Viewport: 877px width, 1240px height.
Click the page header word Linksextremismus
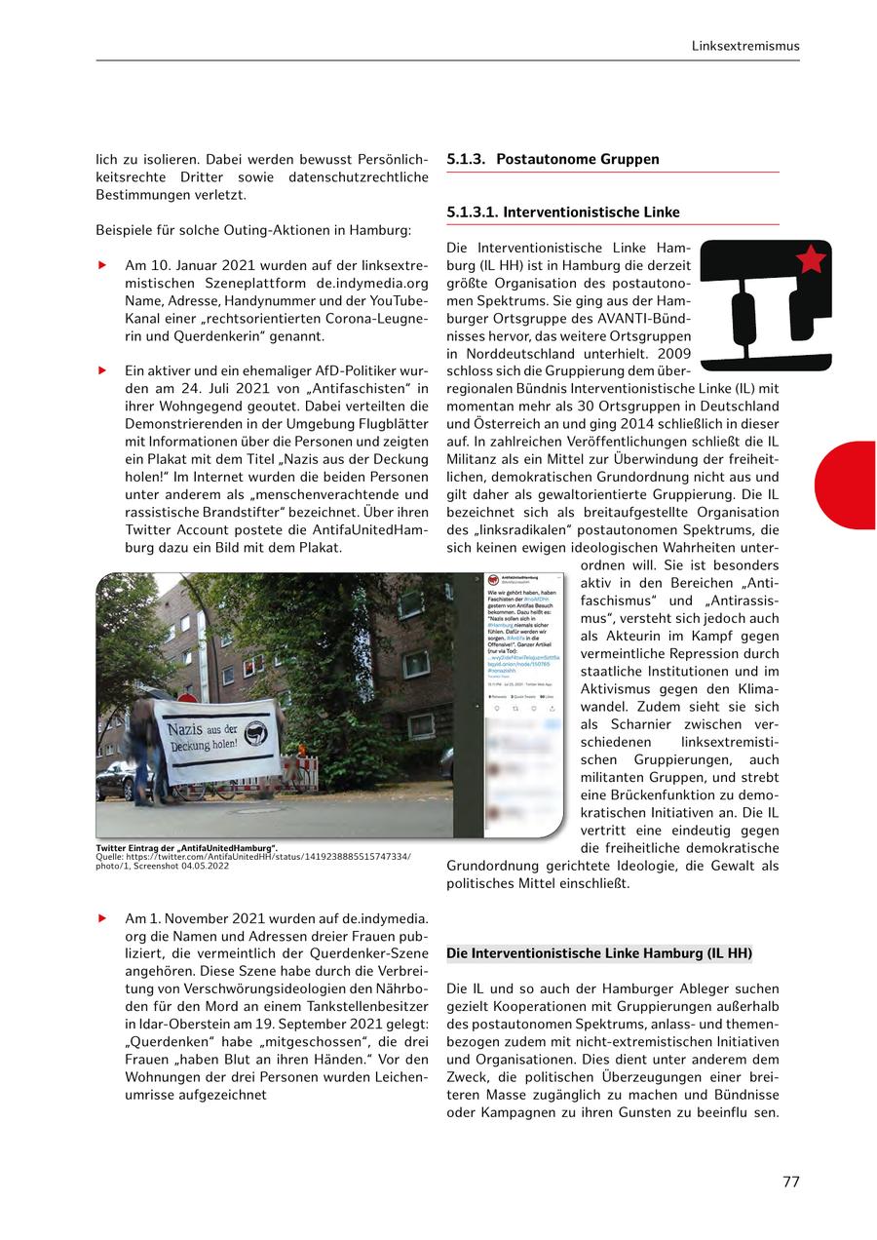click(x=744, y=45)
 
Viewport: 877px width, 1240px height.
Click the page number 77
click(x=790, y=1182)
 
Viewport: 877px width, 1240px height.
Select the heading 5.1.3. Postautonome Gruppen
click(x=553, y=159)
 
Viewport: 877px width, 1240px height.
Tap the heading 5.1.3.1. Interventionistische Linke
click(x=562, y=212)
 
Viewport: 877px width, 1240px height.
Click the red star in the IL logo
click(x=811, y=259)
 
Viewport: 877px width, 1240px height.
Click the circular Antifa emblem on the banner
click(x=255, y=733)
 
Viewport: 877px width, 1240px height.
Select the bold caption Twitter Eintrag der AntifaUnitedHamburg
click(x=186, y=848)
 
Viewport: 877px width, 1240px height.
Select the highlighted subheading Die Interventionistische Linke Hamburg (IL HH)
click(x=598, y=952)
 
